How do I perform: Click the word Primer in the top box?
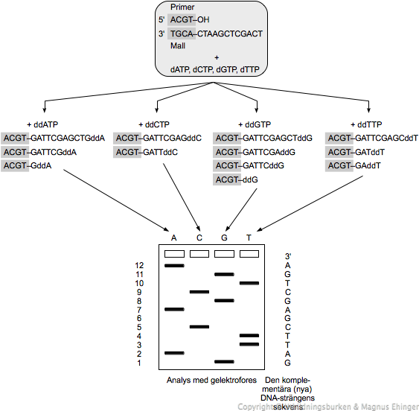182,7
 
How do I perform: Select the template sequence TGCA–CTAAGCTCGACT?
216,34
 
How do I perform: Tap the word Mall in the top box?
179,45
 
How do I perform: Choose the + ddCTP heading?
156,124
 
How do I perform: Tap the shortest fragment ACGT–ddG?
234,180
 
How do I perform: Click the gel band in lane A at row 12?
174,265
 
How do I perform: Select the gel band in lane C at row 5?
199,326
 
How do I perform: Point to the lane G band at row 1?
224,362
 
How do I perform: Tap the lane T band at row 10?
249,283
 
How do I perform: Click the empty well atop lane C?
199,254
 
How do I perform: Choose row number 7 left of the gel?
138,310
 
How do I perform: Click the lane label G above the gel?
224,238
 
